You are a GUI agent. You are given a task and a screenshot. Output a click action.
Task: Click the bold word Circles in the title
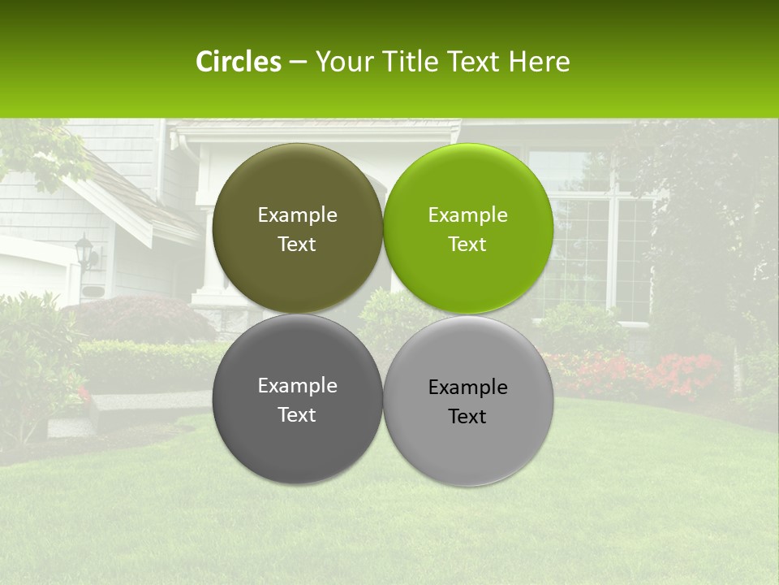(x=238, y=62)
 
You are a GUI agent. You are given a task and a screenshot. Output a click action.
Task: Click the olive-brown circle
(x=297, y=228)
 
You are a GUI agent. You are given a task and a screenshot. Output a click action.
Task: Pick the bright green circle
(x=467, y=228)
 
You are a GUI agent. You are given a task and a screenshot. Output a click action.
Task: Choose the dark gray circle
(x=297, y=399)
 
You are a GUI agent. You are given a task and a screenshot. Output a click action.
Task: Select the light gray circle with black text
(x=467, y=401)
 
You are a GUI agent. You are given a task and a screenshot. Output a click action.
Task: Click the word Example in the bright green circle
(x=467, y=214)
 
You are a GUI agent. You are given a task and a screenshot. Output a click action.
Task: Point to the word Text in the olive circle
(x=297, y=244)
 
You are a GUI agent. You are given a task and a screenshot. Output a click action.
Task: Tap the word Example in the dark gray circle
(x=297, y=385)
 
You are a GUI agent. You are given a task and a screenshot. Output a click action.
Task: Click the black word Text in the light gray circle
(x=467, y=416)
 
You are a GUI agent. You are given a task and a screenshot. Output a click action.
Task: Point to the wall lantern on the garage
(x=85, y=252)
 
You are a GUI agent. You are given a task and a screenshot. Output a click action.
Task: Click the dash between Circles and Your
(x=298, y=62)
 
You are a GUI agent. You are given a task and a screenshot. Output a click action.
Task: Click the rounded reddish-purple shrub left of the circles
(x=146, y=318)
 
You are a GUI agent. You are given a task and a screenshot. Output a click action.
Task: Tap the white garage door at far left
(x=32, y=272)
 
